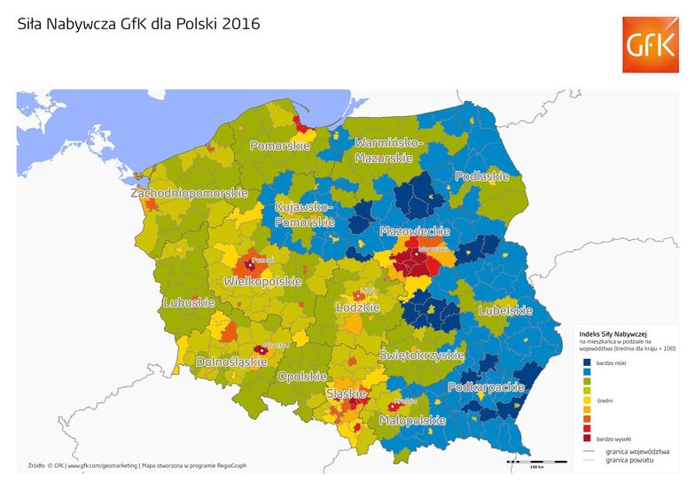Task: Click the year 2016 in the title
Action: coord(242,24)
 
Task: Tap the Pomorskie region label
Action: coord(279,145)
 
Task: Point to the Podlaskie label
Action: coord(481,176)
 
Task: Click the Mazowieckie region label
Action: coord(410,230)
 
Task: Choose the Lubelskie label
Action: coord(504,310)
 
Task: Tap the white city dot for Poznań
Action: coord(251,265)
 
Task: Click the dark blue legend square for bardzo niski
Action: coord(588,362)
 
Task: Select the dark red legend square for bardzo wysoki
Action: coord(588,438)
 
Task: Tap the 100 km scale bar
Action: coord(536,462)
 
